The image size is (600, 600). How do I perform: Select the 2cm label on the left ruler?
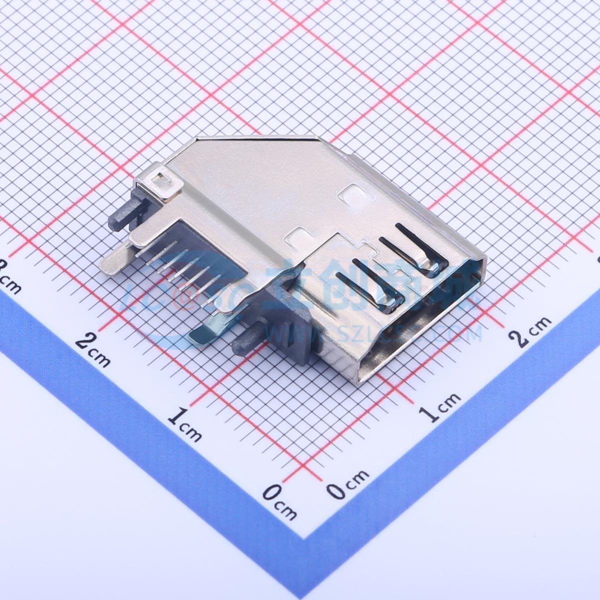point(93,349)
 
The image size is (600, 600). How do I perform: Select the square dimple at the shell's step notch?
point(299,236)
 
